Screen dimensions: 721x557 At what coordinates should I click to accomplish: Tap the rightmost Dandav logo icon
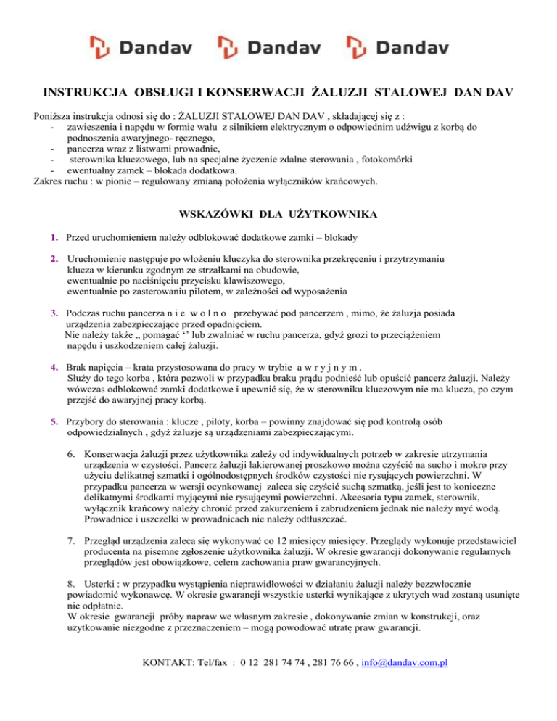(x=355, y=47)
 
